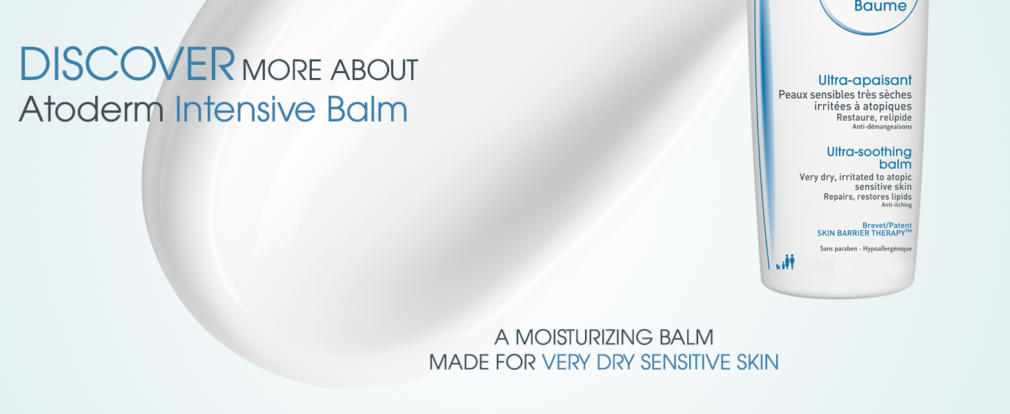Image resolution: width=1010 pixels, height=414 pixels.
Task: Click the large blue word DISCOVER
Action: click(127, 63)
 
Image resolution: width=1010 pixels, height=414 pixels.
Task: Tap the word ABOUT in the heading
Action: click(374, 70)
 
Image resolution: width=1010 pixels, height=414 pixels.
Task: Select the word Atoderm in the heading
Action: click(91, 109)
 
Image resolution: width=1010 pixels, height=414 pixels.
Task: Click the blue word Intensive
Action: click(244, 109)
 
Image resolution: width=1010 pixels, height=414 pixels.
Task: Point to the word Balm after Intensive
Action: click(367, 109)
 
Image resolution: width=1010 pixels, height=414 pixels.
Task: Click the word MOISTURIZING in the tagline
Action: click(584, 337)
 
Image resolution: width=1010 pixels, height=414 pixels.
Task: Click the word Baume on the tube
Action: click(880, 6)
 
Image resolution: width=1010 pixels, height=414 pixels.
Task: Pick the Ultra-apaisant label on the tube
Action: click(865, 80)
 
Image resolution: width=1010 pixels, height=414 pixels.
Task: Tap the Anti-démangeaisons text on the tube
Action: click(882, 127)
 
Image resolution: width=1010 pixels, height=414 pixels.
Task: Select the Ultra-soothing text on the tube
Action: click(869, 152)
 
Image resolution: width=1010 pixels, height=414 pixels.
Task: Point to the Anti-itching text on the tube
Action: click(896, 205)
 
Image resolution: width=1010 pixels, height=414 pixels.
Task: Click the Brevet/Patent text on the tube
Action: click(887, 226)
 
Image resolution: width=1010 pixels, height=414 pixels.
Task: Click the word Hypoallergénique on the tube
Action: click(887, 248)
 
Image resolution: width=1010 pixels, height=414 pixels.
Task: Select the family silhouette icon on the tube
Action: click(785, 262)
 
